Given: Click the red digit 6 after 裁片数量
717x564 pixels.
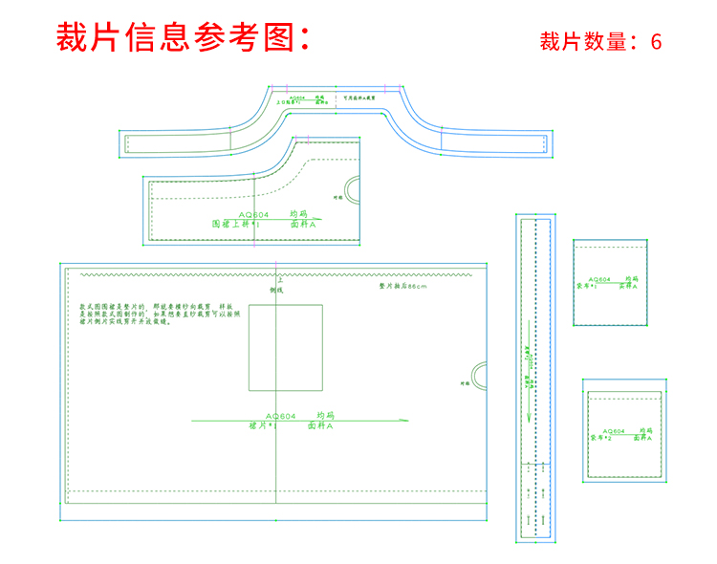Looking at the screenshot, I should pyautogui.click(x=656, y=42).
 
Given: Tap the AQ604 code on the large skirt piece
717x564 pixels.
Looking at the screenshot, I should pyautogui.click(x=281, y=417).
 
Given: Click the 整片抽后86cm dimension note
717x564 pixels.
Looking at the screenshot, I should pyautogui.click(x=402, y=286).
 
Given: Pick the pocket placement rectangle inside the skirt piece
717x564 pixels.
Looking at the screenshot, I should pyautogui.click(x=286, y=346).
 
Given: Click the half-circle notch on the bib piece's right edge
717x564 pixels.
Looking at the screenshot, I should pyautogui.click(x=355, y=188).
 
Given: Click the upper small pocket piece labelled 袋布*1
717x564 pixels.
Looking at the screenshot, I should pyautogui.click(x=610, y=282).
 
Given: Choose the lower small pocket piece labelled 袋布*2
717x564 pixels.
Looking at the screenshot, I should pyautogui.click(x=622, y=430).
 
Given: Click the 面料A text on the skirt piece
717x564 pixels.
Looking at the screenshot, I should pyautogui.click(x=321, y=427).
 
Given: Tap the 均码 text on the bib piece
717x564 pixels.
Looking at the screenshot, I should pyautogui.click(x=299, y=214).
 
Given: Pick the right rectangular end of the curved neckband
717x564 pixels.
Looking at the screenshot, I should pyautogui.click(x=494, y=142).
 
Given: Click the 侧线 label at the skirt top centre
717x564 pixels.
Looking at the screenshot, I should pyautogui.click(x=277, y=289).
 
